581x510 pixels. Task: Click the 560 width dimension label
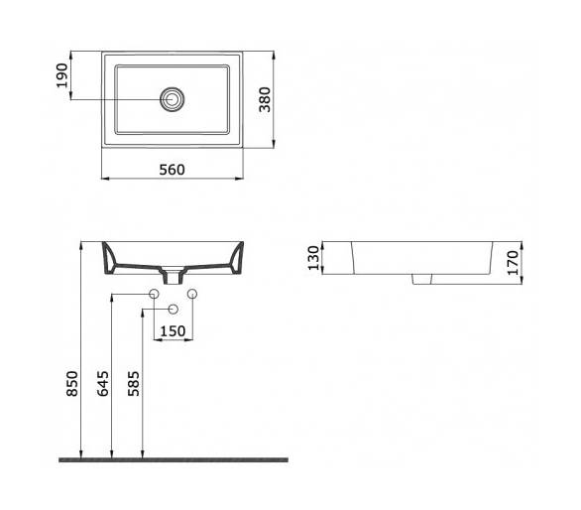[x=172, y=170]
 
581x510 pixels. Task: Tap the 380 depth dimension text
[x=265, y=99]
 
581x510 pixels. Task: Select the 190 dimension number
[x=62, y=75]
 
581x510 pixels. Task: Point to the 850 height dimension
[x=72, y=384]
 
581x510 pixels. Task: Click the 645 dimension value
[x=103, y=384]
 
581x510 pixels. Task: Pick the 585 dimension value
[x=134, y=384]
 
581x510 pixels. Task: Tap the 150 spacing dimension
[x=174, y=330]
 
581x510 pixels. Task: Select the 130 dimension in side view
[x=313, y=258]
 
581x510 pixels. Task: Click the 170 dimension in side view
[x=514, y=263]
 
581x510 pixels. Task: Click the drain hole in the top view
[x=172, y=99]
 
